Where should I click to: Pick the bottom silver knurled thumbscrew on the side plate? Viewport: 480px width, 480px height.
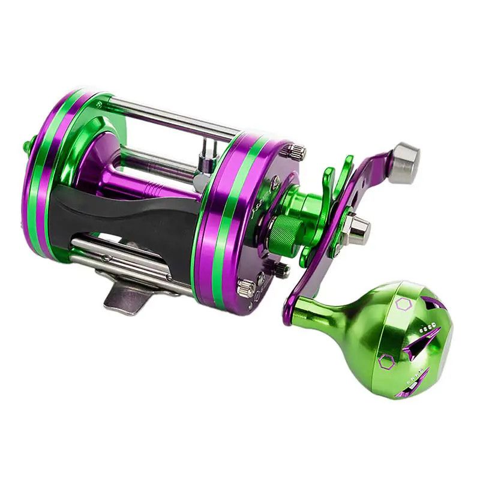[x=246, y=287]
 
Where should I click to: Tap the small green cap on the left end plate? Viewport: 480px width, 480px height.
[x=27, y=146]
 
